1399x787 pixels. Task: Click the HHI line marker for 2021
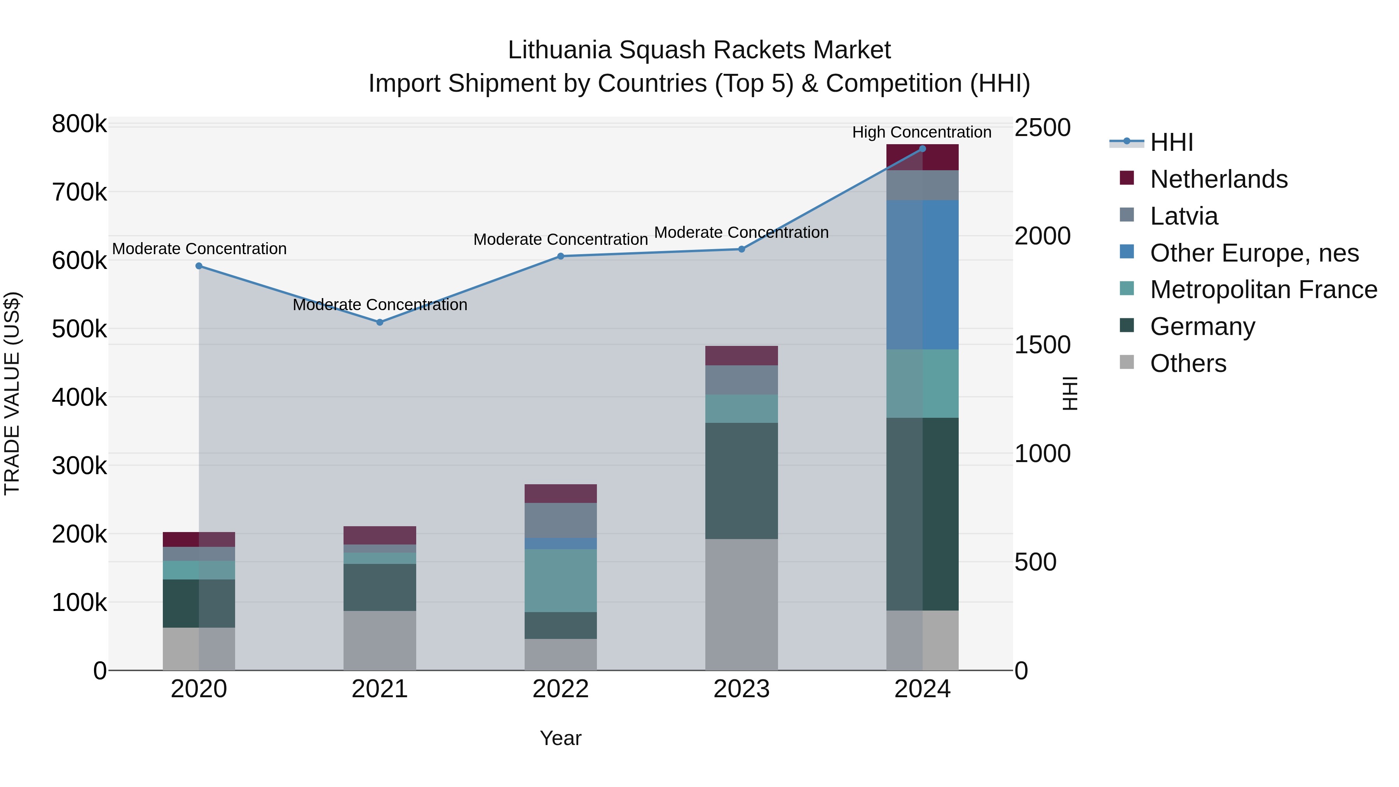pyautogui.click(x=380, y=322)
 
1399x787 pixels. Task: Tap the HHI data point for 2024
pyautogui.click(x=922, y=149)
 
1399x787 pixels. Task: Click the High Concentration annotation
pyautogui.click(x=922, y=132)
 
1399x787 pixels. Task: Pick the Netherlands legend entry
pyautogui.click(x=1218, y=179)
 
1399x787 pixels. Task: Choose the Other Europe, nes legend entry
pyautogui.click(x=1254, y=253)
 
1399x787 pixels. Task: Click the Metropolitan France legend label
pyautogui.click(x=1263, y=290)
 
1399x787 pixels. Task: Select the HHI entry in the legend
pyautogui.click(x=1171, y=142)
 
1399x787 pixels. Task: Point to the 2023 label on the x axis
pyautogui.click(x=741, y=689)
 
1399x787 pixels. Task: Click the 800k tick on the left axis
pyautogui.click(x=79, y=124)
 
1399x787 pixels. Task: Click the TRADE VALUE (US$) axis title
pyautogui.click(x=12, y=393)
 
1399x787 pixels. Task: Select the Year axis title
pyautogui.click(x=560, y=738)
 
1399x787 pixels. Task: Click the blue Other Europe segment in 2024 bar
pyautogui.click(x=922, y=274)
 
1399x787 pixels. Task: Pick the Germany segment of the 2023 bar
pyautogui.click(x=741, y=481)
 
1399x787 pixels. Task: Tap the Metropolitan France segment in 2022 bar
pyautogui.click(x=560, y=580)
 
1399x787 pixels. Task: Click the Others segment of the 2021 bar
pyautogui.click(x=380, y=640)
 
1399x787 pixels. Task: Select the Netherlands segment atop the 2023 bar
pyautogui.click(x=741, y=356)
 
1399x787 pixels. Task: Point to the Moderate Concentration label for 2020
pyautogui.click(x=199, y=249)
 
